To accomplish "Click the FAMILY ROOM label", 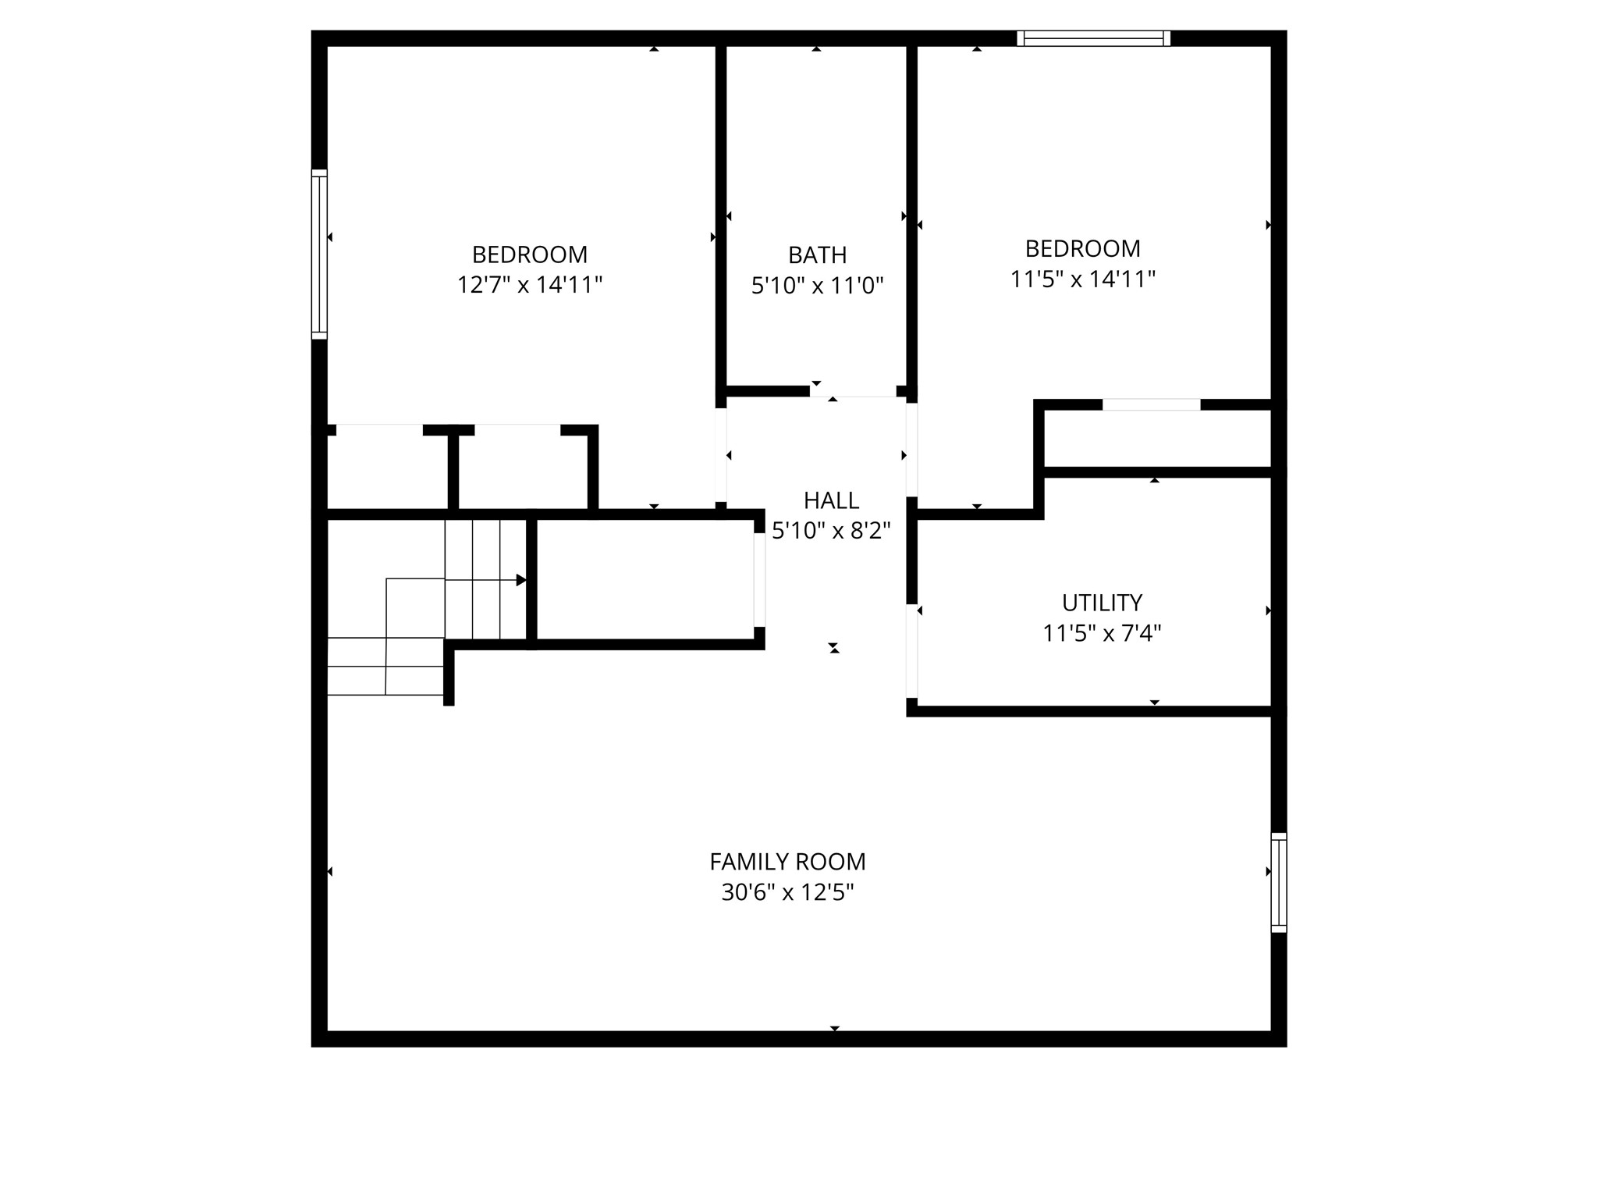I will click(787, 862).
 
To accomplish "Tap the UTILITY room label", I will click(1102, 603).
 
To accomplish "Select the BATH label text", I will click(817, 255).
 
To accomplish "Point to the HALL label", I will click(831, 500).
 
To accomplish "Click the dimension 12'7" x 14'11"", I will click(530, 285).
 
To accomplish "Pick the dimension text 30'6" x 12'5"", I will click(787, 892).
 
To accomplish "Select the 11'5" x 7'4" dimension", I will click(1102, 633).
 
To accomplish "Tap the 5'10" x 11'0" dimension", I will click(817, 286).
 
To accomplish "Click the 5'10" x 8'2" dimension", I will click(831, 531).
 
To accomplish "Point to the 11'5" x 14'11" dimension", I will click(1082, 279).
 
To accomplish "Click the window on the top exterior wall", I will click(1093, 38).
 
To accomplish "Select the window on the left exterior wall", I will click(319, 254).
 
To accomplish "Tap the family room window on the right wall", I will click(1278, 882).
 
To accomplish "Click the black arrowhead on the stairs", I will click(521, 580).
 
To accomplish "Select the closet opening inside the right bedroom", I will click(1151, 404).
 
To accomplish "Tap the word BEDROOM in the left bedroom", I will click(530, 254).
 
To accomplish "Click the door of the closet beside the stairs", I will click(759, 579).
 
